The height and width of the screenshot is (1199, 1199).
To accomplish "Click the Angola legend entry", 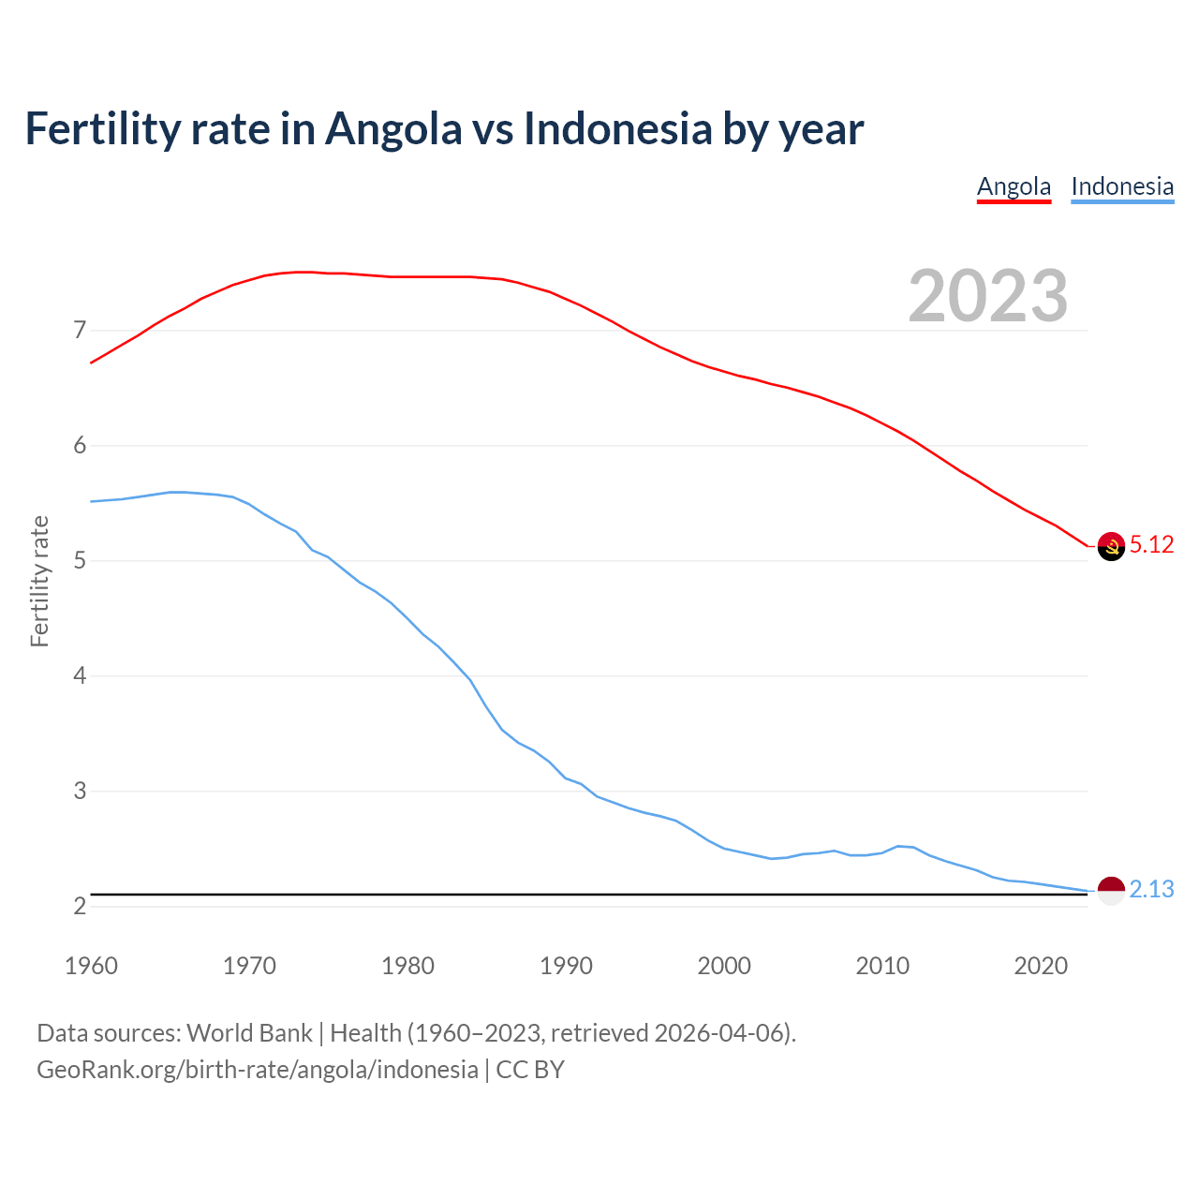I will [1014, 186].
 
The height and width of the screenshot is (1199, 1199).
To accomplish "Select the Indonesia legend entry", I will [1122, 186].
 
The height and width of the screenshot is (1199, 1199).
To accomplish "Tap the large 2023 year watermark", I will [988, 296].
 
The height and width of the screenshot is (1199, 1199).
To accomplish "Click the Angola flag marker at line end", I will [1111, 545].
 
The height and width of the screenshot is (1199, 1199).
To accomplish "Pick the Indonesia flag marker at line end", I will [1111, 890].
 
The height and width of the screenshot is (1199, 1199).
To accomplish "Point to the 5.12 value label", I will [1151, 545].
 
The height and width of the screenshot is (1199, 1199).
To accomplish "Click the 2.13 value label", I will [1151, 890].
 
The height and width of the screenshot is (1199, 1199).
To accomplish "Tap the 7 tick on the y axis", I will [80, 331].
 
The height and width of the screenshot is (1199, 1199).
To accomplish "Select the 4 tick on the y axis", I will [80, 675].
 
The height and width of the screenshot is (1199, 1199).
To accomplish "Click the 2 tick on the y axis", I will [80, 906].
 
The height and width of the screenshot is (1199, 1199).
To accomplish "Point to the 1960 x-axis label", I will [91, 966].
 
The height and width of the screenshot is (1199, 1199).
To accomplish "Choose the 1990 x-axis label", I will [566, 966].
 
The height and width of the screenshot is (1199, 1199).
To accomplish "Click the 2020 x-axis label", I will [1041, 966].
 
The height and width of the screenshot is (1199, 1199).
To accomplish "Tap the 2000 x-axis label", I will [724, 966].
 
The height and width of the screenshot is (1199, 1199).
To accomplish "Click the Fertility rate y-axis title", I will [39, 581].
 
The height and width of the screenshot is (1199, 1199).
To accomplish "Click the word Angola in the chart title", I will [393, 128].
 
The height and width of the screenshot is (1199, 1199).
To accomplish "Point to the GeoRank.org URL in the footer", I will [258, 1070].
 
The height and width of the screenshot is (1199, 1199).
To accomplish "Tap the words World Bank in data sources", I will [249, 1033].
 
